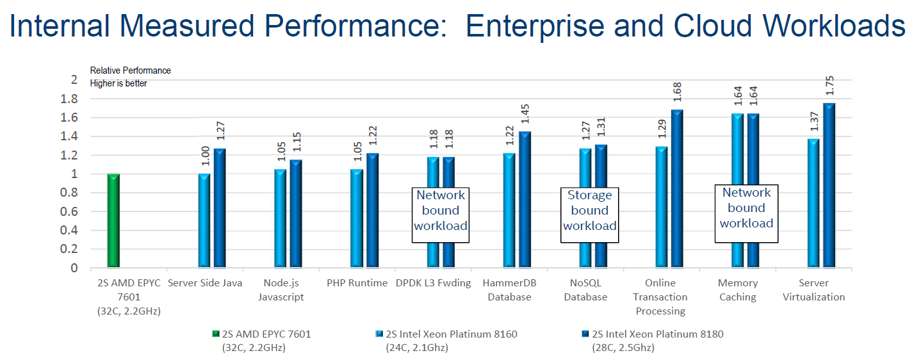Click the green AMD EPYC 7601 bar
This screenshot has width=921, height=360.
(113, 220)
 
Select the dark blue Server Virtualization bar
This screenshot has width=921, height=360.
(829, 186)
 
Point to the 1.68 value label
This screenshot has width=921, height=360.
(678, 94)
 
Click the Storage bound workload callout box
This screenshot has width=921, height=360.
(590, 211)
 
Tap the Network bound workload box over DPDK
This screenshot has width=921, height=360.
(440, 211)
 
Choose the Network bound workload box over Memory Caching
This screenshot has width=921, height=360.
(746, 208)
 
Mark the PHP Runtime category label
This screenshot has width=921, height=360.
(357, 283)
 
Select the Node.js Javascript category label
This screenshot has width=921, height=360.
(281, 290)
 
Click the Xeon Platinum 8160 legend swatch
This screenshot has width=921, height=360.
(379, 334)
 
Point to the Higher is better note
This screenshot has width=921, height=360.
(118, 83)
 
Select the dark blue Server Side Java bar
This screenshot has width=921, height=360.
(220, 208)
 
